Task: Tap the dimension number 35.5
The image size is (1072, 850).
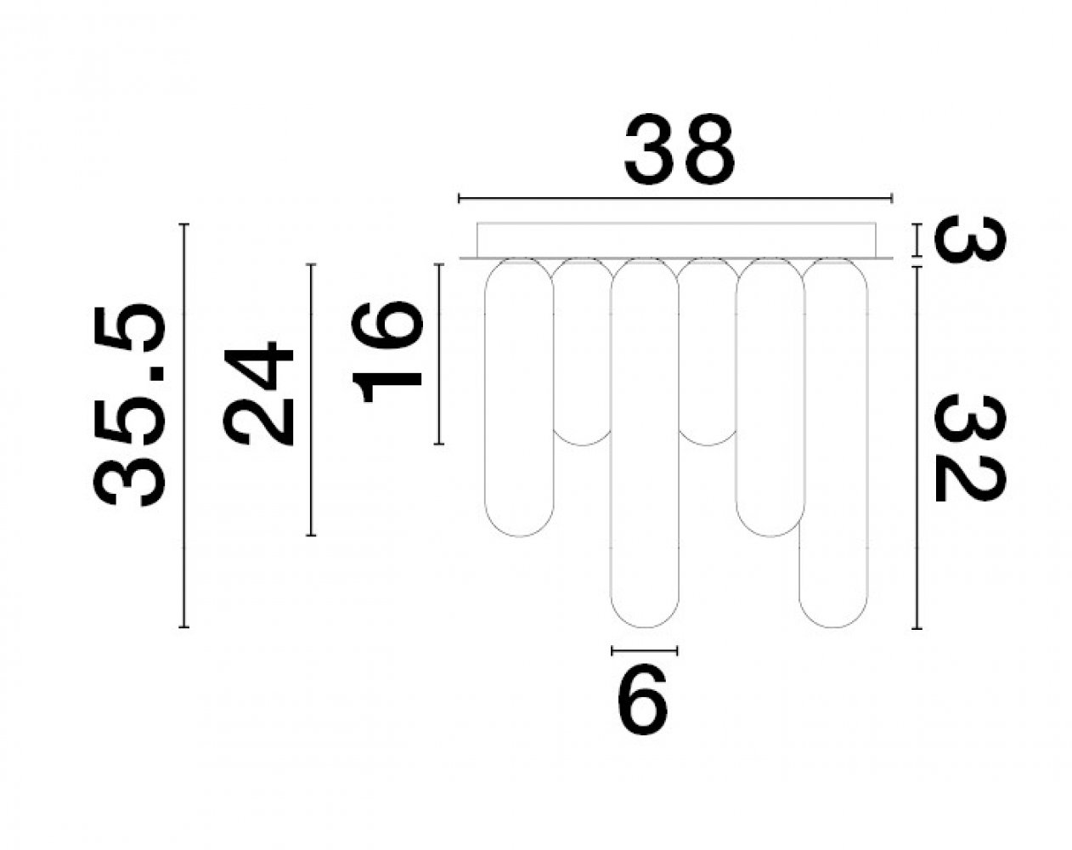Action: tap(128, 405)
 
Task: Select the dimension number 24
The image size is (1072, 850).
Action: tap(257, 394)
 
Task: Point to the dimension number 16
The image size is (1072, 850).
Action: tap(387, 351)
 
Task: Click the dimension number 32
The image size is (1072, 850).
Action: tap(969, 448)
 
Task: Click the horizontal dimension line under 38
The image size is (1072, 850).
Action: tap(675, 199)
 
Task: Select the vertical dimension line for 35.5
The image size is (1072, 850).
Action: tap(184, 426)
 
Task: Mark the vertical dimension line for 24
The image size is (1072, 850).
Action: tap(312, 399)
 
